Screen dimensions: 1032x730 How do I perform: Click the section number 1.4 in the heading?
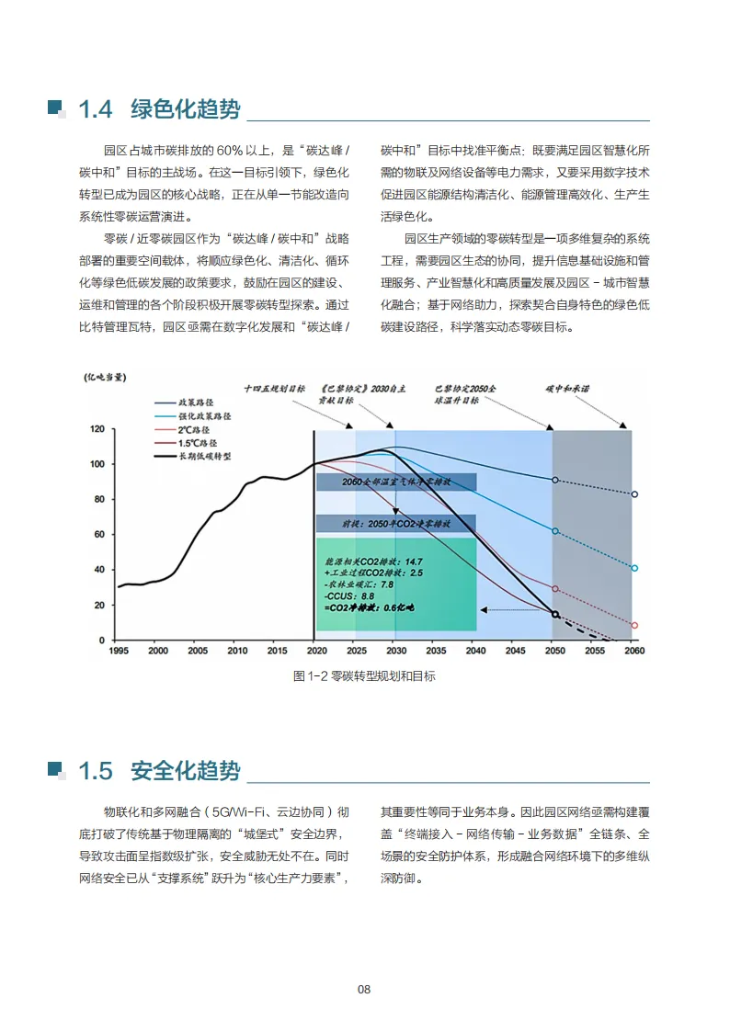(95, 109)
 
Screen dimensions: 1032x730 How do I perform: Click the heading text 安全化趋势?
(185, 769)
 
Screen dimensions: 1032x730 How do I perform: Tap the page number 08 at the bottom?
(364, 989)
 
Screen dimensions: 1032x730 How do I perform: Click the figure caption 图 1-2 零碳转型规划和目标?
(364, 676)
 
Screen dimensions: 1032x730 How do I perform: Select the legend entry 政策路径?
(195, 403)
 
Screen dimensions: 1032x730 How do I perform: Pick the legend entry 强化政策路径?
(204, 416)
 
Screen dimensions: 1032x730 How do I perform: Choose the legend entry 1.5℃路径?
(197, 442)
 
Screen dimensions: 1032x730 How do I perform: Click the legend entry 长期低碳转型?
(203, 455)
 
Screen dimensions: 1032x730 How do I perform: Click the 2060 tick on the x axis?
(633, 651)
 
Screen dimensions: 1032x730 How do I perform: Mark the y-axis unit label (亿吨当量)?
(106, 377)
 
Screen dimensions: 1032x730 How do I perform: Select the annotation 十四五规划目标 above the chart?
(275, 389)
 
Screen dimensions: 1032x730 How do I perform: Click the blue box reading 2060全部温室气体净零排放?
(395, 482)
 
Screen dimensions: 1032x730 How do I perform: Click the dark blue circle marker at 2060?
(634, 494)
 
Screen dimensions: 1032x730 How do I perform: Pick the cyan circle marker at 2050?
(554, 531)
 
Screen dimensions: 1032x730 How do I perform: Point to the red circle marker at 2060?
(634, 626)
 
